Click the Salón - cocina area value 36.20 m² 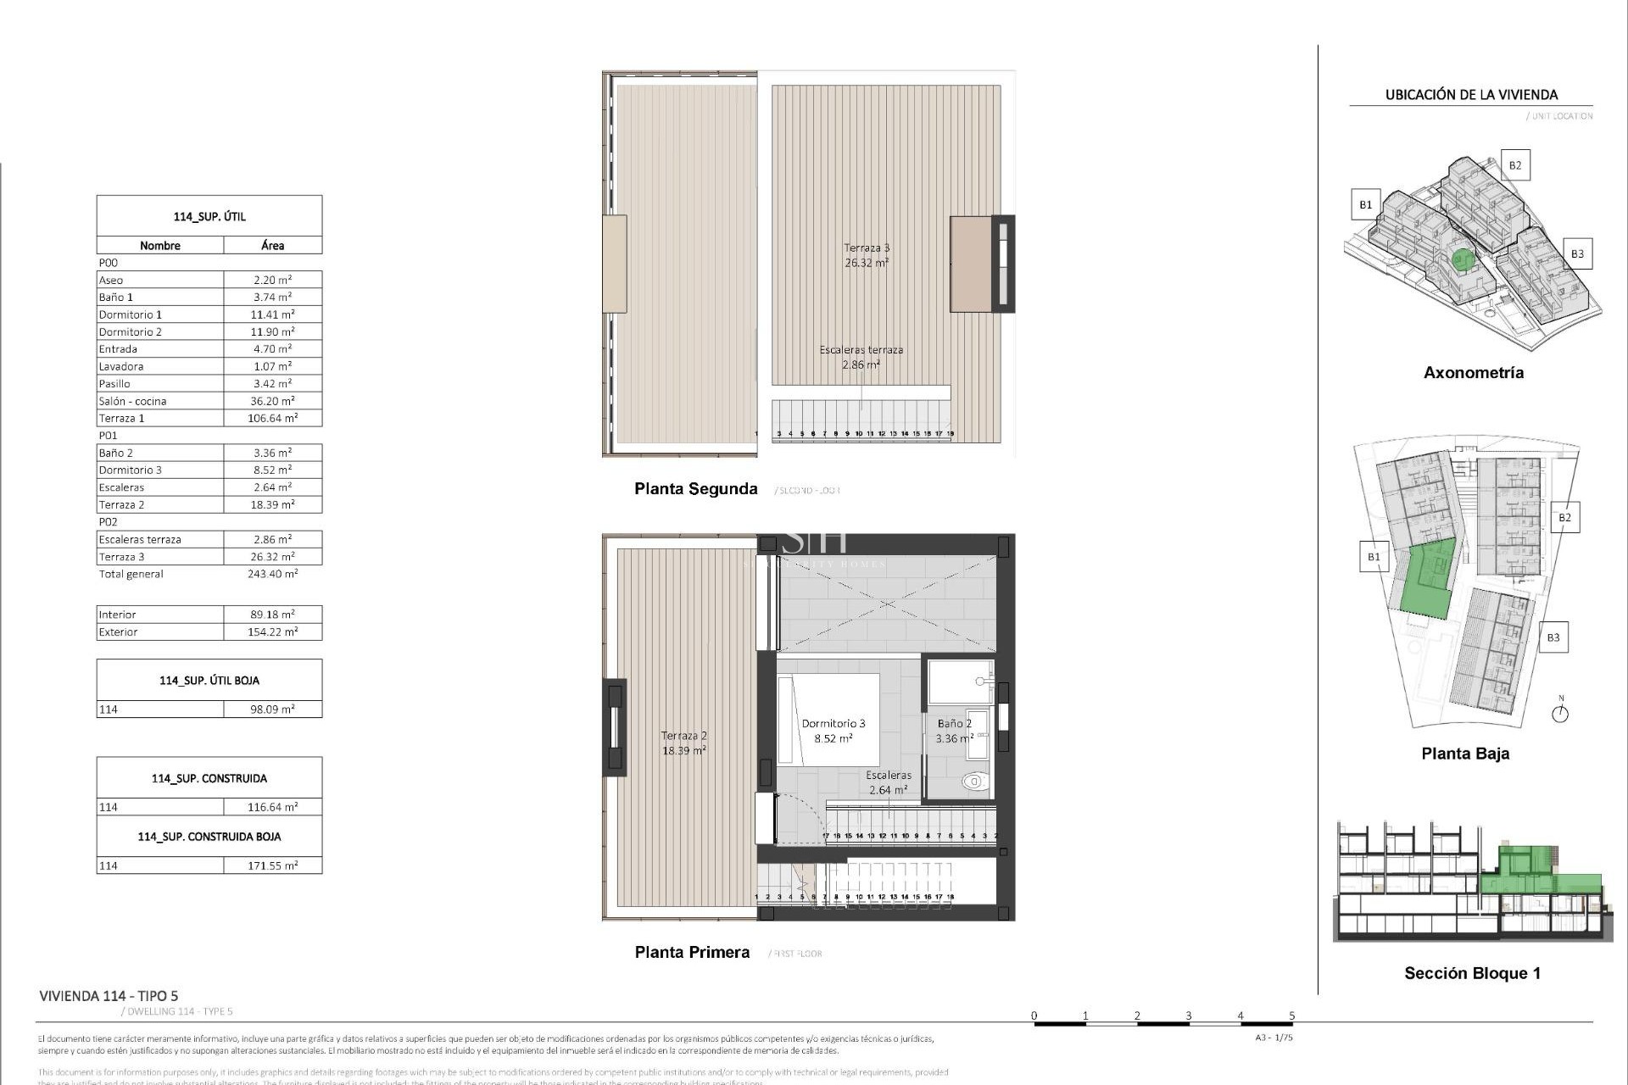272,401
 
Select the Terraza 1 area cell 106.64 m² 272,418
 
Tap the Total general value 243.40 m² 272,574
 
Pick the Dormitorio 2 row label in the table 131,331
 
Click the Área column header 272,245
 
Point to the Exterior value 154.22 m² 272,632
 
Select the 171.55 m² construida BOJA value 272,865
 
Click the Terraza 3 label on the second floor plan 867,248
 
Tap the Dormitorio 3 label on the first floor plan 834,723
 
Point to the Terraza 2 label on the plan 683,736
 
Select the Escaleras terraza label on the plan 861,349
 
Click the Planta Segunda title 695,488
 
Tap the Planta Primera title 692,952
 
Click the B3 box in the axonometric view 1576,253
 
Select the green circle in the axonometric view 1461,259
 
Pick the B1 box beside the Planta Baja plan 1373,557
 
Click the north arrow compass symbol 1560,713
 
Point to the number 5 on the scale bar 1291,1015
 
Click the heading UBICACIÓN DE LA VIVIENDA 1471,95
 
